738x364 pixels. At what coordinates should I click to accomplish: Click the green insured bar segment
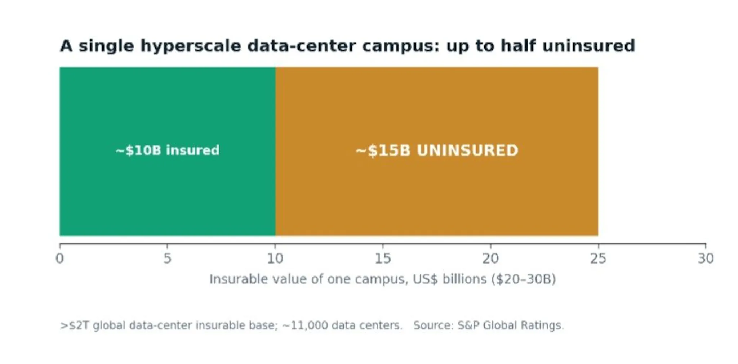click(168, 152)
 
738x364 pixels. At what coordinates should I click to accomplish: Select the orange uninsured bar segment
click(437, 152)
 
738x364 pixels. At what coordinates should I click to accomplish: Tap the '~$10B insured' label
click(168, 150)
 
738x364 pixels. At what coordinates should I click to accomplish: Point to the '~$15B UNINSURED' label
click(437, 150)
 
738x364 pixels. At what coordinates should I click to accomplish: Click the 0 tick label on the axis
click(60, 259)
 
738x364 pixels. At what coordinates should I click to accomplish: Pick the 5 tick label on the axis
click(167, 259)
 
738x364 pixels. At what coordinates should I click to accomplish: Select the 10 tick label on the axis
click(275, 259)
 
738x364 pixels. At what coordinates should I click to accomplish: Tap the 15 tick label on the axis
click(383, 259)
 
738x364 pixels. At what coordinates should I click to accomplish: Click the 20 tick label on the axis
click(490, 259)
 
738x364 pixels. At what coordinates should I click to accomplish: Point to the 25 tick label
click(598, 259)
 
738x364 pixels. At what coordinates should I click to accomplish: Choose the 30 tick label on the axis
click(706, 259)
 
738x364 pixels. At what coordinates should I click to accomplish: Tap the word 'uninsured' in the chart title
click(588, 46)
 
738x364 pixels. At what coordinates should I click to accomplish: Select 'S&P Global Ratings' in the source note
click(510, 325)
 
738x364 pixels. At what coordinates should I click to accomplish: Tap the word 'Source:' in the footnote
click(434, 325)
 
